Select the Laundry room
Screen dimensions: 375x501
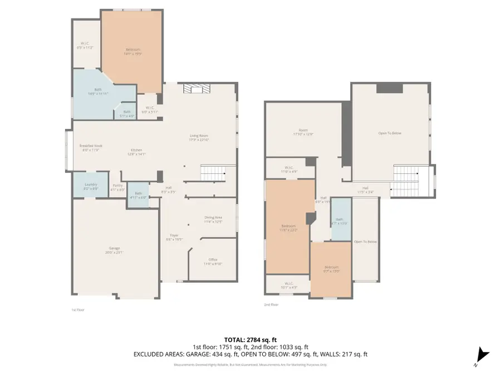91,186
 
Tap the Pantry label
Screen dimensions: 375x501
117,187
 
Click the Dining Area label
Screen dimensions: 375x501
214,219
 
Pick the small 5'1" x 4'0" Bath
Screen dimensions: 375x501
127,113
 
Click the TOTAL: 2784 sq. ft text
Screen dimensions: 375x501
250,339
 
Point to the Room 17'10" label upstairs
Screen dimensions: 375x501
303,132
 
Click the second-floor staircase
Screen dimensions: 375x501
406,181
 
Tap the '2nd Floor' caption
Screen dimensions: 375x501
271,304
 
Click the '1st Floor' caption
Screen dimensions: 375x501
77,309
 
